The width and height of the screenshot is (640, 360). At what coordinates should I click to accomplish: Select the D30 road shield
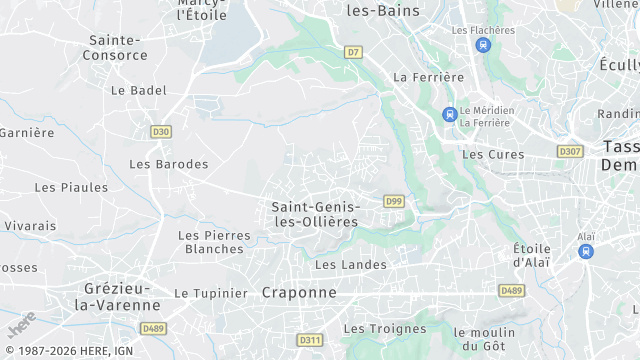(x=161, y=131)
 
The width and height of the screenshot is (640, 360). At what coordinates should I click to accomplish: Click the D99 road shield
(x=393, y=201)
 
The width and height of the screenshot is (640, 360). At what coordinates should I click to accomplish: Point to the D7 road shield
(x=353, y=51)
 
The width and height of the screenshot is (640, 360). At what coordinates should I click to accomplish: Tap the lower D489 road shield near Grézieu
(x=153, y=328)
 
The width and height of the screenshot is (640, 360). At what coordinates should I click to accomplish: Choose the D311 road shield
(x=310, y=340)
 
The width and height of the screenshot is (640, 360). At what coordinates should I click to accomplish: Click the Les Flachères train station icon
(x=484, y=45)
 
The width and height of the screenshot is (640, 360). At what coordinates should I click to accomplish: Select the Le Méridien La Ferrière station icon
(x=450, y=115)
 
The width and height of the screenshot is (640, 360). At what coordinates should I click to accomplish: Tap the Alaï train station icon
(x=586, y=252)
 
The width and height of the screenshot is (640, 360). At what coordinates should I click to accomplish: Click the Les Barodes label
(x=169, y=164)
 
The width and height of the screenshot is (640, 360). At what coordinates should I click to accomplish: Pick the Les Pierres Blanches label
(x=208, y=242)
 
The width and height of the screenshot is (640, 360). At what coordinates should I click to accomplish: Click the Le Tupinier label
(x=210, y=293)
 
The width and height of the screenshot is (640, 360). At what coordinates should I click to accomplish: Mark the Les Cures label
(x=493, y=154)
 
